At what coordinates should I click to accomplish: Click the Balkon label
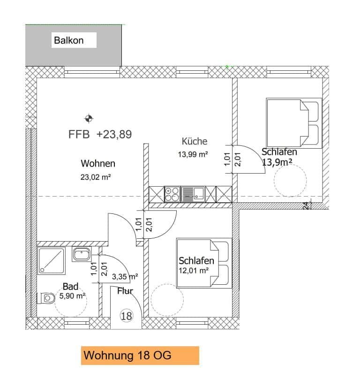pos(69,40)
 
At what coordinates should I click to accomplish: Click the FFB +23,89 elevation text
pos(100,134)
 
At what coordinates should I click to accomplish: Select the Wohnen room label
pos(98,164)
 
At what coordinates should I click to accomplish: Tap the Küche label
pos(194,141)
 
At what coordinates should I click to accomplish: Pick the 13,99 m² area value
pos(193,154)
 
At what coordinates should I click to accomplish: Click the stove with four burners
pos(172,194)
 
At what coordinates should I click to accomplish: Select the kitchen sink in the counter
pos(193,193)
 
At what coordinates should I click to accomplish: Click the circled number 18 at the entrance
pos(126,316)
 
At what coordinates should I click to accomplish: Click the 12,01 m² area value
pos(193,270)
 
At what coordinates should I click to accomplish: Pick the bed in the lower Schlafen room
pos(204,263)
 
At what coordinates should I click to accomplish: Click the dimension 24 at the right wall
pos(306,205)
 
